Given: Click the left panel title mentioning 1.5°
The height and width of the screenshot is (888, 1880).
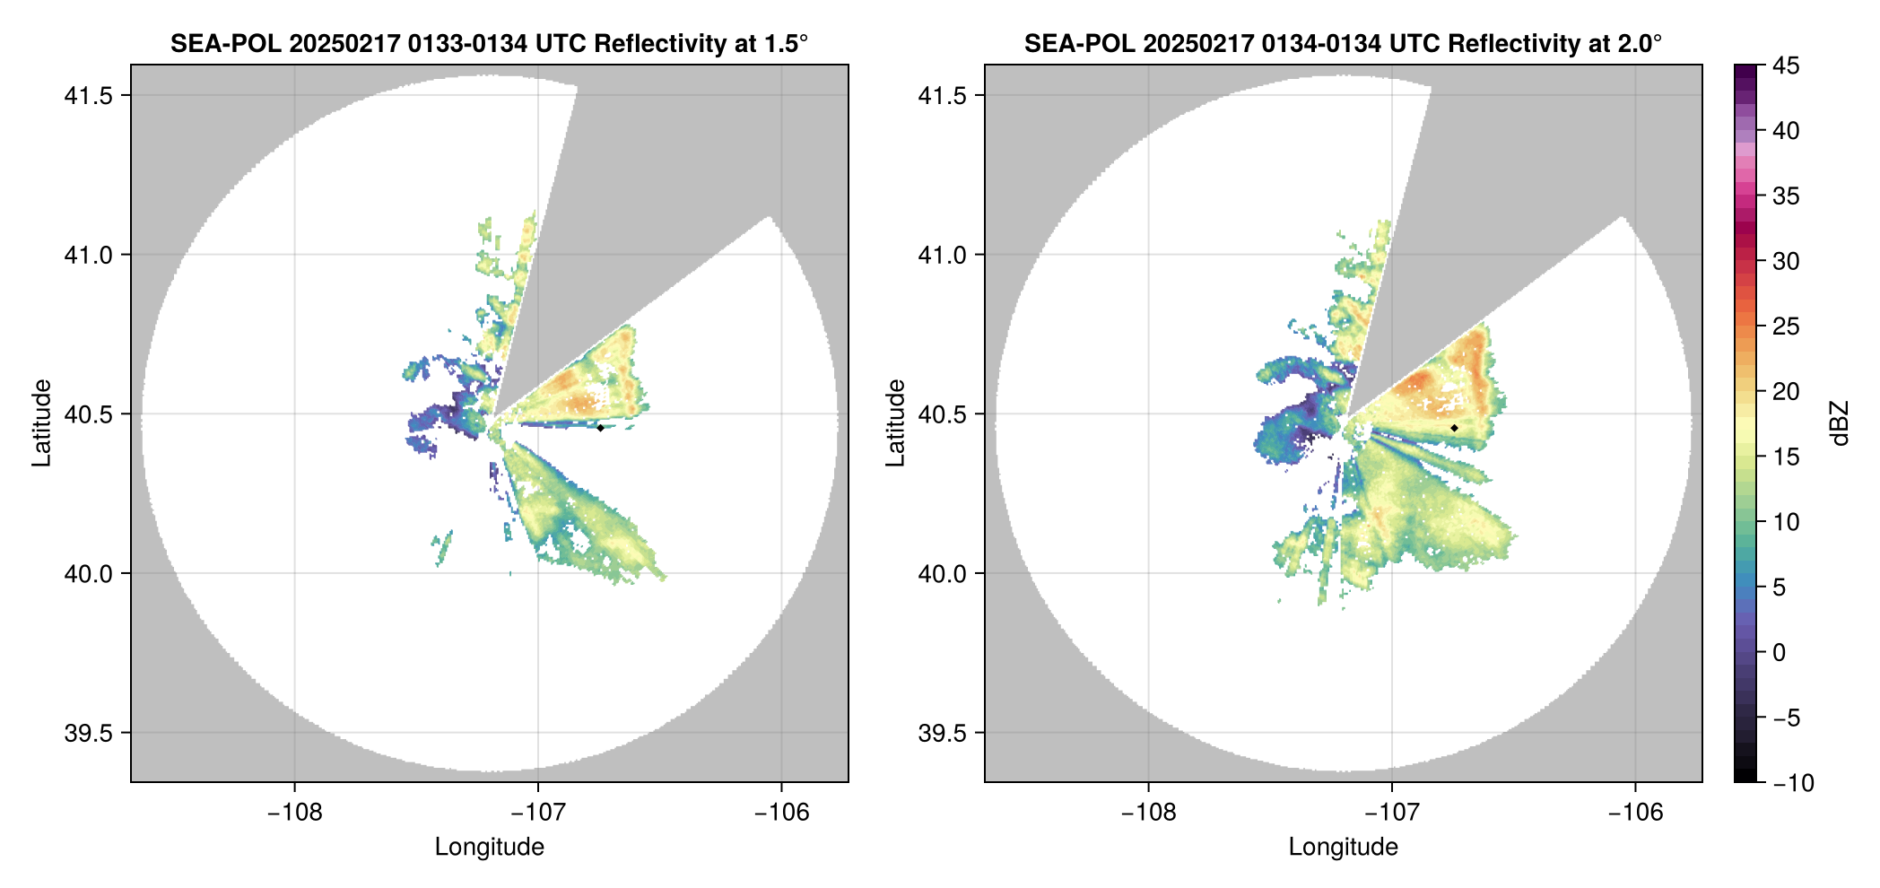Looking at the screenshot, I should click(489, 43).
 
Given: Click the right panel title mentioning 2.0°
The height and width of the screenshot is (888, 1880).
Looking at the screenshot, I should click(1343, 43).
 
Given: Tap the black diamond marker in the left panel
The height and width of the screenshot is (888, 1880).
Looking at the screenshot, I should click(600, 428).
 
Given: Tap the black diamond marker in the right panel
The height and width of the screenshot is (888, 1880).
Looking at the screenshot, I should click(1454, 428).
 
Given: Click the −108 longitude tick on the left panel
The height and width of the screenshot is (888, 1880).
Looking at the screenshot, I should click(294, 813).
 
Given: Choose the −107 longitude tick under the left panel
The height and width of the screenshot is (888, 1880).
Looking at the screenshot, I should click(538, 813).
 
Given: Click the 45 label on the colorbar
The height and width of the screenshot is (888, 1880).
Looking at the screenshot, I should click(1786, 65).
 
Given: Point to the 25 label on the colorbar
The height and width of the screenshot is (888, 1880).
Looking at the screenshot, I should click(1786, 326).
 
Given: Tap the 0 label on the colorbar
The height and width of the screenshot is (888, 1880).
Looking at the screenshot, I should click(1780, 653).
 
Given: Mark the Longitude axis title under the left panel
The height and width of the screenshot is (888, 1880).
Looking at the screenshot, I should click(489, 847).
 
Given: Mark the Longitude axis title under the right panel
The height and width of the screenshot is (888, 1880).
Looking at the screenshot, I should click(1343, 847).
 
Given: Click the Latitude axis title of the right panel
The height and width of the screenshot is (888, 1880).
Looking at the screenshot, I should click(895, 423).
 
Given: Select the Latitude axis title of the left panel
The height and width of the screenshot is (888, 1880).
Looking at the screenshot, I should click(41, 423).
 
